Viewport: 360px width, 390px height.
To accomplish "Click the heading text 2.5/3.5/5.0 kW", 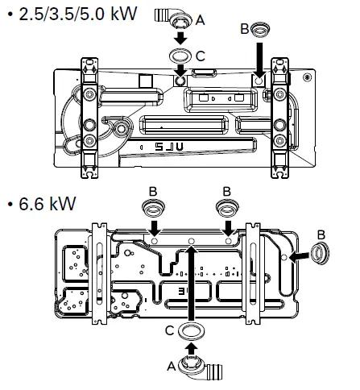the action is point(78,14).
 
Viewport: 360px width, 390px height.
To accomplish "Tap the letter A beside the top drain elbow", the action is point(200,20).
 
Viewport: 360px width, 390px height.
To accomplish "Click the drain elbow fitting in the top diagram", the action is point(173,19).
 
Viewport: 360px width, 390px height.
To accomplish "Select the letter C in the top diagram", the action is point(201,56).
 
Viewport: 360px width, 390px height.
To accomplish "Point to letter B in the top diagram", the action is point(245,29).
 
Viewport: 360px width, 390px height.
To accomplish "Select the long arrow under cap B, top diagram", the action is point(259,59).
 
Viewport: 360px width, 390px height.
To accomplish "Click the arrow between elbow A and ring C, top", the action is point(180,38).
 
